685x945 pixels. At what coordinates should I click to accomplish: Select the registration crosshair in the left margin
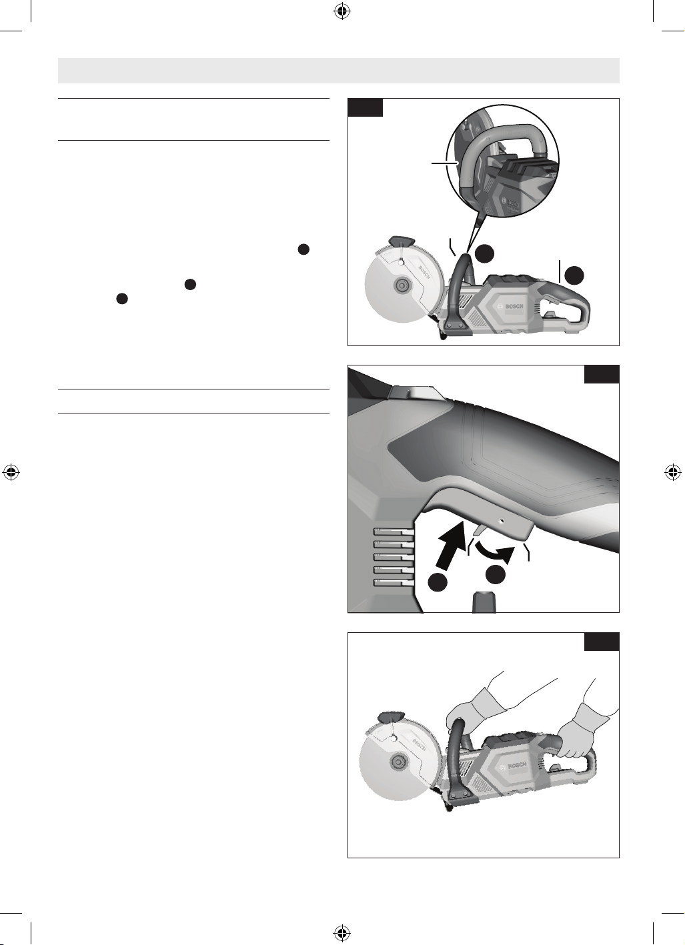pos(11,472)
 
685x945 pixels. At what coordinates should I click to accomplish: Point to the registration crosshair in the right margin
pos(673,472)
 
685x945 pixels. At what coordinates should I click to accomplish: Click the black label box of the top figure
pos(366,107)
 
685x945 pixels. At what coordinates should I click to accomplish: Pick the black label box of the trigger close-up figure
pos(602,374)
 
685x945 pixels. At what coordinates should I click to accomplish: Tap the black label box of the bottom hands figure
pos(602,642)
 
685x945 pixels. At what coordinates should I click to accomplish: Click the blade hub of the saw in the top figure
pos(399,286)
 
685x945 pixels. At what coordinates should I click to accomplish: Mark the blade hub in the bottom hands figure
pos(397,762)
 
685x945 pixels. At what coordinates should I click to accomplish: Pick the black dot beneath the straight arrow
pos(438,583)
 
